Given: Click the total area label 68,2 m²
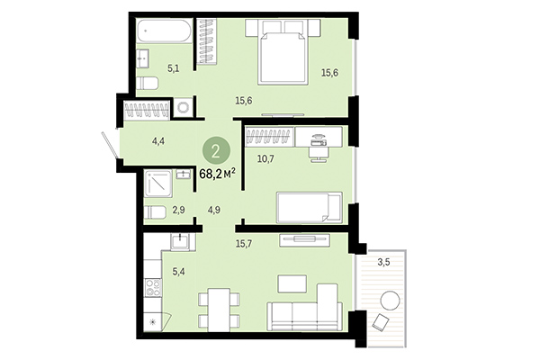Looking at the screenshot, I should [x=217, y=171].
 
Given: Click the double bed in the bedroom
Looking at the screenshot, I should [x=284, y=57].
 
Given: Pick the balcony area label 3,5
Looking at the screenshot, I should [x=383, y=263].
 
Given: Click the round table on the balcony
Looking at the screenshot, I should [x=391, y=301].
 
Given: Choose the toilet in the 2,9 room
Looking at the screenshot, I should [x=155, y=213].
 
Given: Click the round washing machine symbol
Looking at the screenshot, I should [x=184, y=107].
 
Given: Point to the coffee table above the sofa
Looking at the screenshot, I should [x=292, y=283].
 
